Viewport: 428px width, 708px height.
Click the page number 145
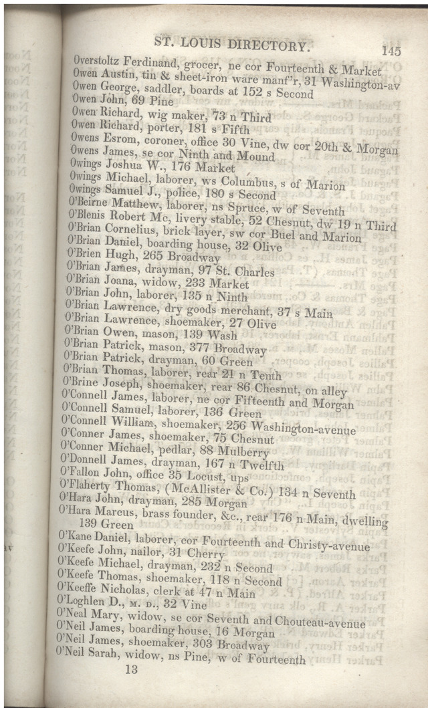[391, 49]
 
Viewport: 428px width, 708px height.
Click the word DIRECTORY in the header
[270, 45]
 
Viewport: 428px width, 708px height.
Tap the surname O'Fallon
[82, 477]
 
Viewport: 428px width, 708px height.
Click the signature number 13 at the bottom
[130, 670]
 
